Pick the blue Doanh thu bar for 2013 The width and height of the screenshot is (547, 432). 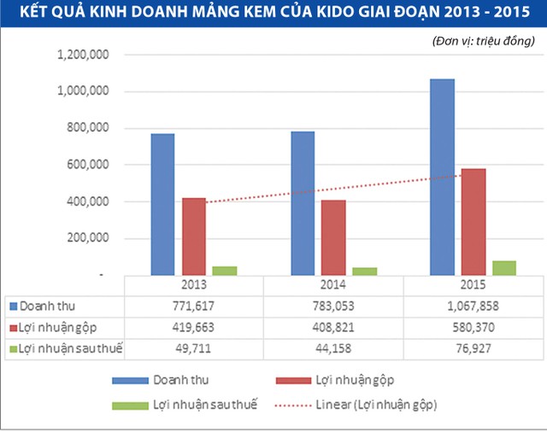pyautogui.click(x=162, y=204)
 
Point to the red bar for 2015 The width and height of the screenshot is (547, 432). pyautogui.click(x=473, y=221)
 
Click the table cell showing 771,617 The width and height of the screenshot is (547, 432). pyautogui.click(x=193, y=306)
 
